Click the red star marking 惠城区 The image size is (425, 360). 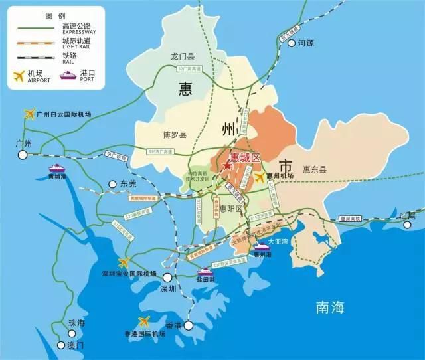pyautogui.click(x=227, y=166)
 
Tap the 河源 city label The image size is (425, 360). pyautogui.click(x=305, y=43)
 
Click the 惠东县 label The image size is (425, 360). pyautogui.click(x=315, y=169)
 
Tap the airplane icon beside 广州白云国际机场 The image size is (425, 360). pyautogui.click(x=29, y=114)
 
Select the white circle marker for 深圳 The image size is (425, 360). pyautogui.click(x=168, y=278)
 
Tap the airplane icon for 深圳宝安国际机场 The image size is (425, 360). pyautogui.click(x=124, y=262)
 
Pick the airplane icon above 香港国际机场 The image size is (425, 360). pyautogui.click(x=141, y=322)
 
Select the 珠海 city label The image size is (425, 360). pyautogui.click(x=77, y=323)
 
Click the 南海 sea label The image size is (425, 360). pyautogui.click(x=330, y=307)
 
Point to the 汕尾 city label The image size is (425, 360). pyautogui.click(x=406, y=215)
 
